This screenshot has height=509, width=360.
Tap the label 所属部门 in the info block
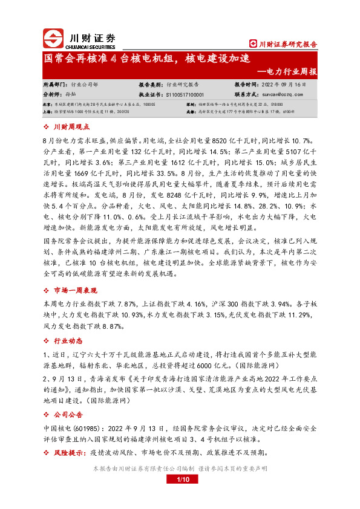tap(56, 85)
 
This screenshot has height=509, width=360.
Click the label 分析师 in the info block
tap(53, 94)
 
